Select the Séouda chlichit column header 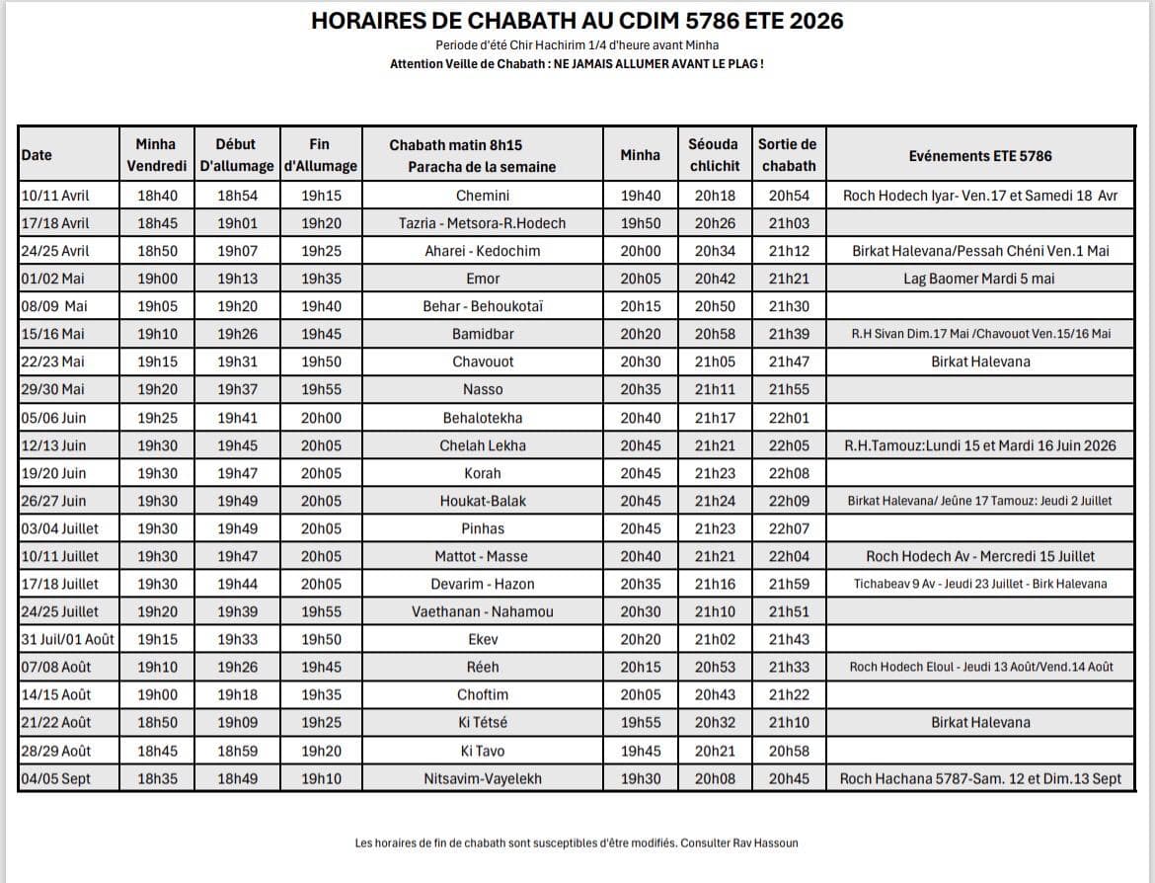(x=714, y=155)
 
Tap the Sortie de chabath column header (x=788, y=155)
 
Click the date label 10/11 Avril (x=55, y=196)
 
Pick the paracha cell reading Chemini (x=483, y=196)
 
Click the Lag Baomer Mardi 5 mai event (x=979, y=279)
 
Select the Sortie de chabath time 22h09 (x=788, y=501)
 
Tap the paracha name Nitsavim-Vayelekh (x=483, y=778)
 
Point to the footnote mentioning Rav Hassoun (x=577, y=843)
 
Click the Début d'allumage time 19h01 (x=237, y=223)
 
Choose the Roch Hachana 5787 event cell (x=979, y=778)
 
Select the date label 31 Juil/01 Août (x=67, y=639)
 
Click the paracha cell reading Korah (x=483, y=473)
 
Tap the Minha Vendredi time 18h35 (x=157, y=778)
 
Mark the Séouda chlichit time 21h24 (x=714, y=501)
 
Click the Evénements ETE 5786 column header (x=979, y=155)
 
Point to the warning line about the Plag (x=577, y=63)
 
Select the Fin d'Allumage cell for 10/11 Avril (x=320, y=196)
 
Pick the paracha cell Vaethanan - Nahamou (x=483, y=611)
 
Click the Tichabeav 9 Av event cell (x=979, y=584)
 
